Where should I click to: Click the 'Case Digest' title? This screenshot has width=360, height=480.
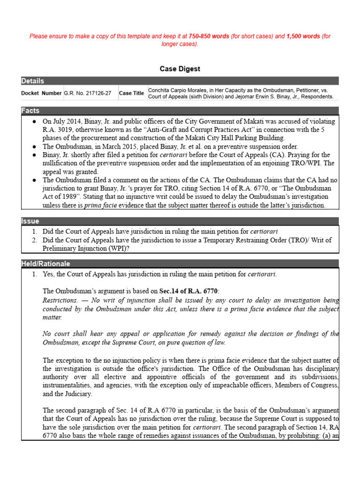180,69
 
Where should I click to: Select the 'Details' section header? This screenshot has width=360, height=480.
32,81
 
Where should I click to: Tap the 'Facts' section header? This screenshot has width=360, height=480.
30,111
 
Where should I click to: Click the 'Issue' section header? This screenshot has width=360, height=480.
30,221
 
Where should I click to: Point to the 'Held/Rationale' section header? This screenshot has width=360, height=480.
45,264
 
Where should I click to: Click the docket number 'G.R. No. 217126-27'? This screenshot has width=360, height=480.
88,93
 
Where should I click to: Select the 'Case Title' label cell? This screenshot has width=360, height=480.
131,93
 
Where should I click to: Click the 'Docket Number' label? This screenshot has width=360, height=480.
41,93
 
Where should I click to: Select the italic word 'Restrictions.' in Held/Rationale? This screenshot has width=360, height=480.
60,300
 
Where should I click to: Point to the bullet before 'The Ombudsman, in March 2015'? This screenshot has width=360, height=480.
35,147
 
